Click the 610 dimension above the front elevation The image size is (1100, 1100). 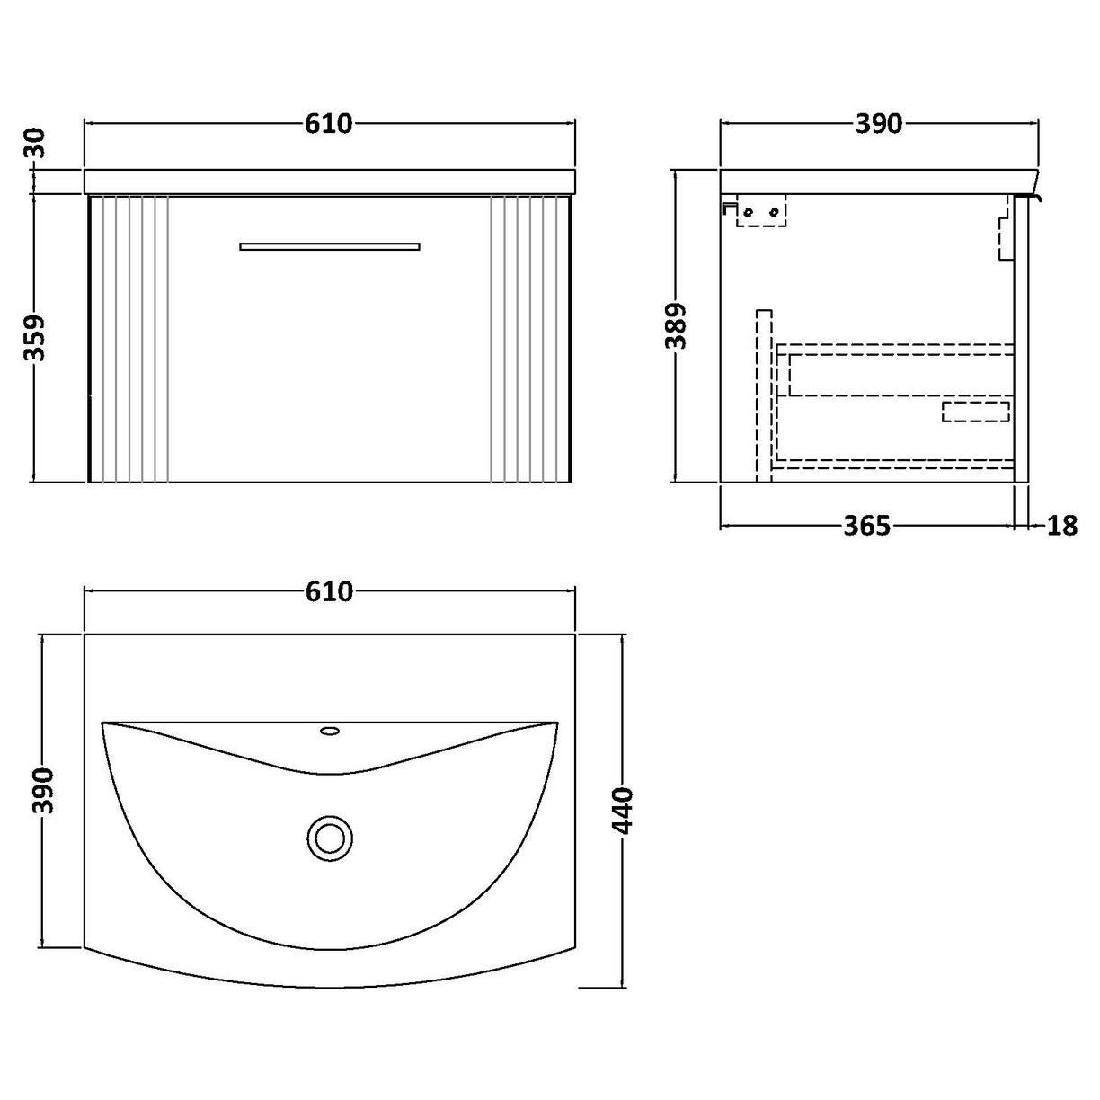pos(328,124)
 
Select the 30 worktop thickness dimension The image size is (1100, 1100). pos(36,142)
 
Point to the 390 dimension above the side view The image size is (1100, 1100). pos(877,124)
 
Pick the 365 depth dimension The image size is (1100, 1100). pos(866,526)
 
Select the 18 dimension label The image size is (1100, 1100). pos(1061,526)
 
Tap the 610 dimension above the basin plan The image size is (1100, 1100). pos(328,591)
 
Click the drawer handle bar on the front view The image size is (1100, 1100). pos(330,245)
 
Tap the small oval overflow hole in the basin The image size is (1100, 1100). pos(330,732)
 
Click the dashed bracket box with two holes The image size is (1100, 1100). pos(760,211)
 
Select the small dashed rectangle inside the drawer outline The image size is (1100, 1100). pos(976,412)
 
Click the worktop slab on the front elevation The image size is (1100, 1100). pos(330,181)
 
